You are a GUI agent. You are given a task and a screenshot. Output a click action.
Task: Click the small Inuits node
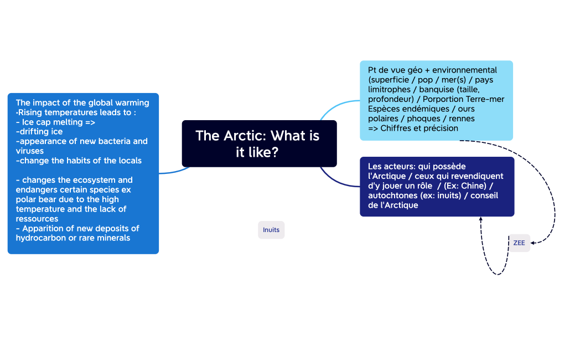pos(271,230)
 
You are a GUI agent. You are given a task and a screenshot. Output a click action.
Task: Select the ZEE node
pos(519,243)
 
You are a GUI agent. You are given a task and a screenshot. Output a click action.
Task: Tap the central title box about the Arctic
pos(259,143)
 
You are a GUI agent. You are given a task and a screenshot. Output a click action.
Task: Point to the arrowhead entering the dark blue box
pos(481,220)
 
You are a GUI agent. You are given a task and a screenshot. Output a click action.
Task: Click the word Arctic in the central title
pos(244,136)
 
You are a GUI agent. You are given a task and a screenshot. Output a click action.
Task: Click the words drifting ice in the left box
pos(40,131)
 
